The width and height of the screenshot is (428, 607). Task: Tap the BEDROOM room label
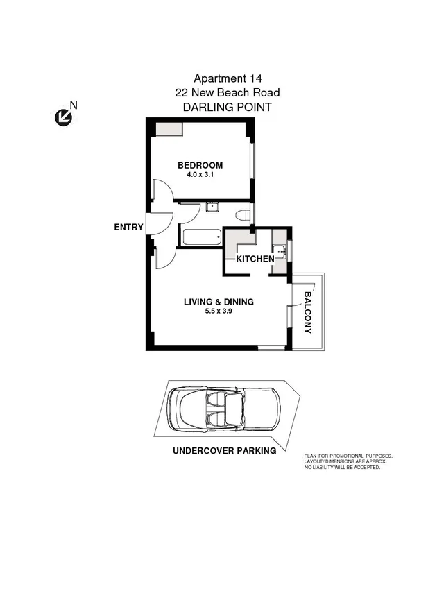point(200,165)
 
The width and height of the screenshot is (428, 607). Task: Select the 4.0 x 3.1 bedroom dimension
point(200,176)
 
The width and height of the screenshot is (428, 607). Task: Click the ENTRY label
point(129,227)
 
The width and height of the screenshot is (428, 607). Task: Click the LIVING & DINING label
point(219,302)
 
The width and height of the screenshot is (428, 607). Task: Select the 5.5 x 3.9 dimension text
point(219,312)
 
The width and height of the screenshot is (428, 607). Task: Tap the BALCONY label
point(307,311)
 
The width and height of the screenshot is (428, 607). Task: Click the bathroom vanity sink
point(212,206)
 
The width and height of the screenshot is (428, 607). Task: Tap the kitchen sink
point(279,251)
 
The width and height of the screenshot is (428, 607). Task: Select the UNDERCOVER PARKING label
point(224,450)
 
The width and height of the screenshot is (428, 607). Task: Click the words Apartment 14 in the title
point(228,79)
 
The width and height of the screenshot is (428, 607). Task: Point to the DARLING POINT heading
point(226,108)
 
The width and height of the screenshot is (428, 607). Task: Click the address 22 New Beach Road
point(228,93)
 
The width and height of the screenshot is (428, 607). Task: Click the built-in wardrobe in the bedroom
point(169,128)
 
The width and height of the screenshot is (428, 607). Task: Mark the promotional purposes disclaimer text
point(348,461)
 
